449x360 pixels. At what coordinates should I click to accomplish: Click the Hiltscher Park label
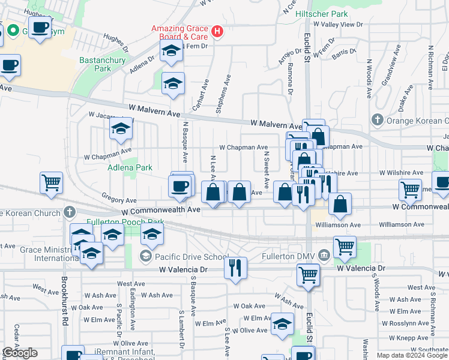[x=326, y=13]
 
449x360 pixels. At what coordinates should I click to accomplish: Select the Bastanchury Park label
[x=95, y=64]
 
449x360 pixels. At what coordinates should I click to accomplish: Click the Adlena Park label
[x=130, y=168]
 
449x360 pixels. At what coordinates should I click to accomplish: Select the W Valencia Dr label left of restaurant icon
[x=183, y=270]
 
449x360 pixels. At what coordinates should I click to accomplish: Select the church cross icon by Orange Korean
[x=377, y=119]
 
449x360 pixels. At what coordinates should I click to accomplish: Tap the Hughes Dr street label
[x=116, y=40]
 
